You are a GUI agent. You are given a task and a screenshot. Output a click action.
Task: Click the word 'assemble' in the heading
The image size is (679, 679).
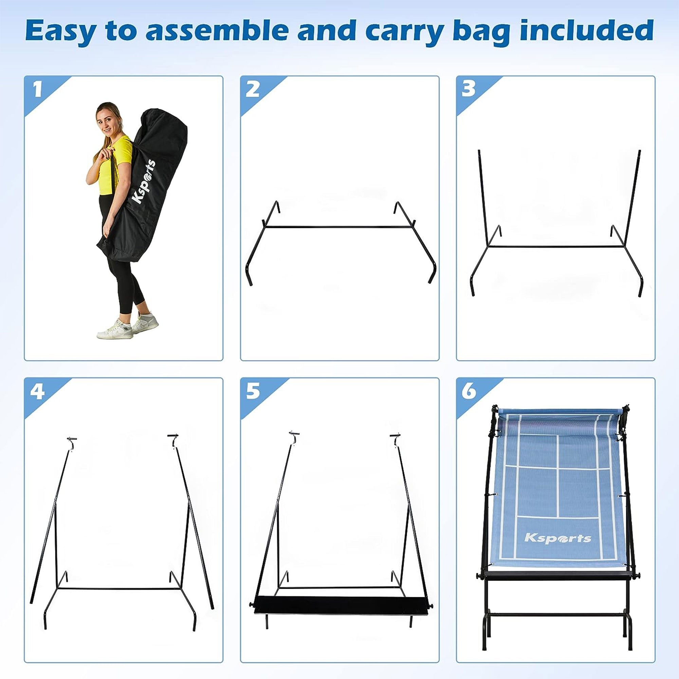click(220, 31)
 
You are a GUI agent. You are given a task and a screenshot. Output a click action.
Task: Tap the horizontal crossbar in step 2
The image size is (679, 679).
click(339, 227)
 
